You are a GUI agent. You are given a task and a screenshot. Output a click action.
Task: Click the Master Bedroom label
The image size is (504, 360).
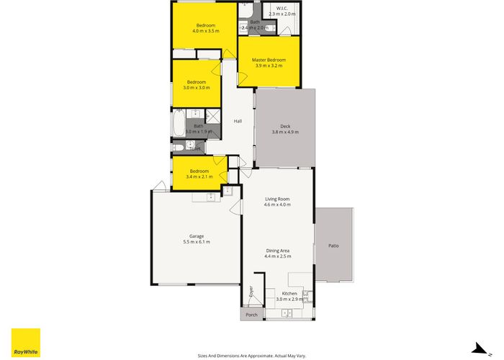270,60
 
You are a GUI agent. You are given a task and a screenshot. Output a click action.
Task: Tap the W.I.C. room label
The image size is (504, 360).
282,9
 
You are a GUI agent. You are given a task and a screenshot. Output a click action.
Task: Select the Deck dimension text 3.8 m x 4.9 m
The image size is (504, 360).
284,132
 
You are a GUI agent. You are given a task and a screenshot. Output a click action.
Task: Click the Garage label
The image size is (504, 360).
195,236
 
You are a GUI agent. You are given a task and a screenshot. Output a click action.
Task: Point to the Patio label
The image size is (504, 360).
333,246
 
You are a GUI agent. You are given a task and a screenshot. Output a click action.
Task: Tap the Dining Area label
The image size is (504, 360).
277,250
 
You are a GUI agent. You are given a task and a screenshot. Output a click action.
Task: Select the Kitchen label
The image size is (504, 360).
289,294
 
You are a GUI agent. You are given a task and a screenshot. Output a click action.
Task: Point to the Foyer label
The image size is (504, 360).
251,292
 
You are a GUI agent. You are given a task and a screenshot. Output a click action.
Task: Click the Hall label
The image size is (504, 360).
237,121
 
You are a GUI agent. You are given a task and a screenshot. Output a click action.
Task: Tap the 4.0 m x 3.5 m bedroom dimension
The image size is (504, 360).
205,32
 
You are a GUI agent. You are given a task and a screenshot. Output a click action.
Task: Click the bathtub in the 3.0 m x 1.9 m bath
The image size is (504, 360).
178,124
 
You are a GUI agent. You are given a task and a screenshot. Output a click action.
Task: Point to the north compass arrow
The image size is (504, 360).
477,347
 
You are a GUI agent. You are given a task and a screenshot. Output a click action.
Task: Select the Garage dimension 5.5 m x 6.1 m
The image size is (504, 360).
195,243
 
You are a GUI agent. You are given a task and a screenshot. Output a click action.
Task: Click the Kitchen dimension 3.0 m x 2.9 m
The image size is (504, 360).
289,300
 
